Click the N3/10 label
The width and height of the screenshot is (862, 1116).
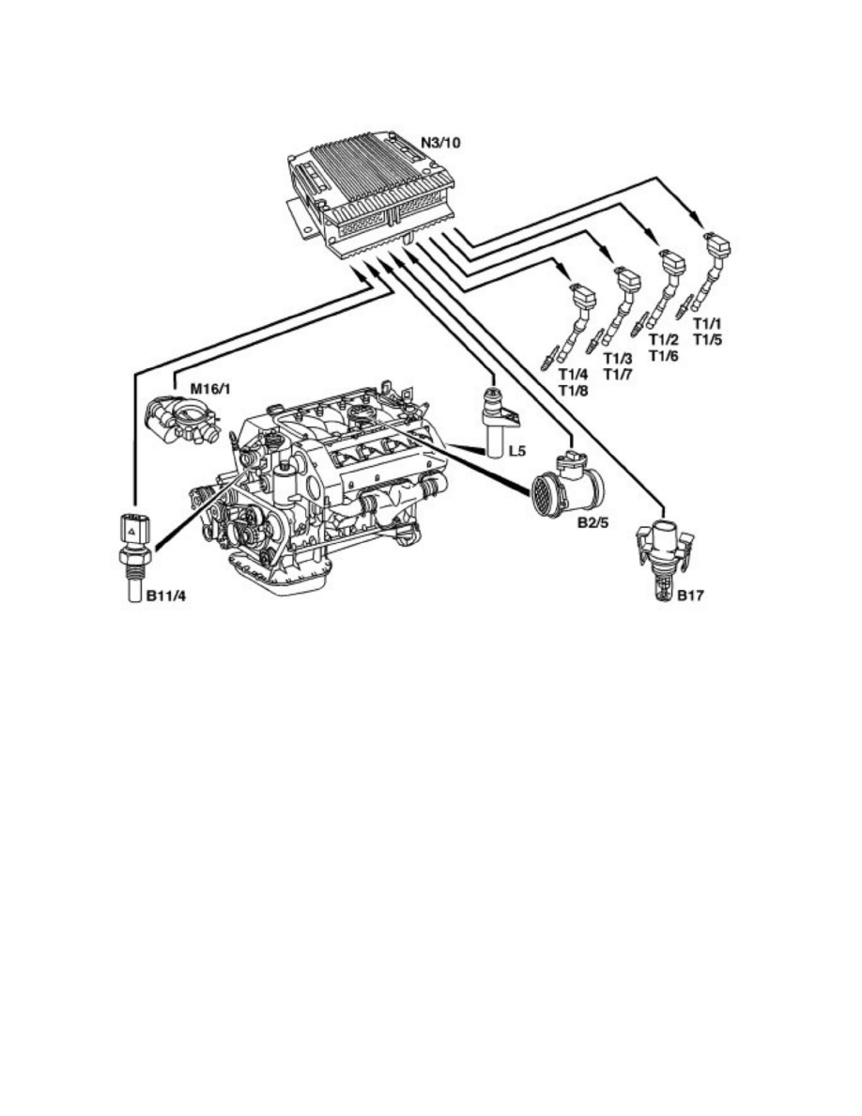[440, 143]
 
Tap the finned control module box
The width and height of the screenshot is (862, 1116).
[370, 191]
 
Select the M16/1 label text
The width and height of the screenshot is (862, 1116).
[209, 389]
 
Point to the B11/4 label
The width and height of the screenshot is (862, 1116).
[165, 596]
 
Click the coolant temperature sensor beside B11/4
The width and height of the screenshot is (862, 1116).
[133, 557]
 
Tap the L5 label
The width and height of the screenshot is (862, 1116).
[517, 451]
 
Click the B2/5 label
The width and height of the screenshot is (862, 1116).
[593, 523]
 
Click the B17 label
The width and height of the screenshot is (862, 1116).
[690, 596]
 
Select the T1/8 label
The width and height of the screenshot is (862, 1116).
[573, 390]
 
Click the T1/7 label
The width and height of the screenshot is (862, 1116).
[617, 375]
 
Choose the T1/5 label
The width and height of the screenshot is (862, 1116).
[707, 339]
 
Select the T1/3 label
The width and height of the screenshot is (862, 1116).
[617, 358]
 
